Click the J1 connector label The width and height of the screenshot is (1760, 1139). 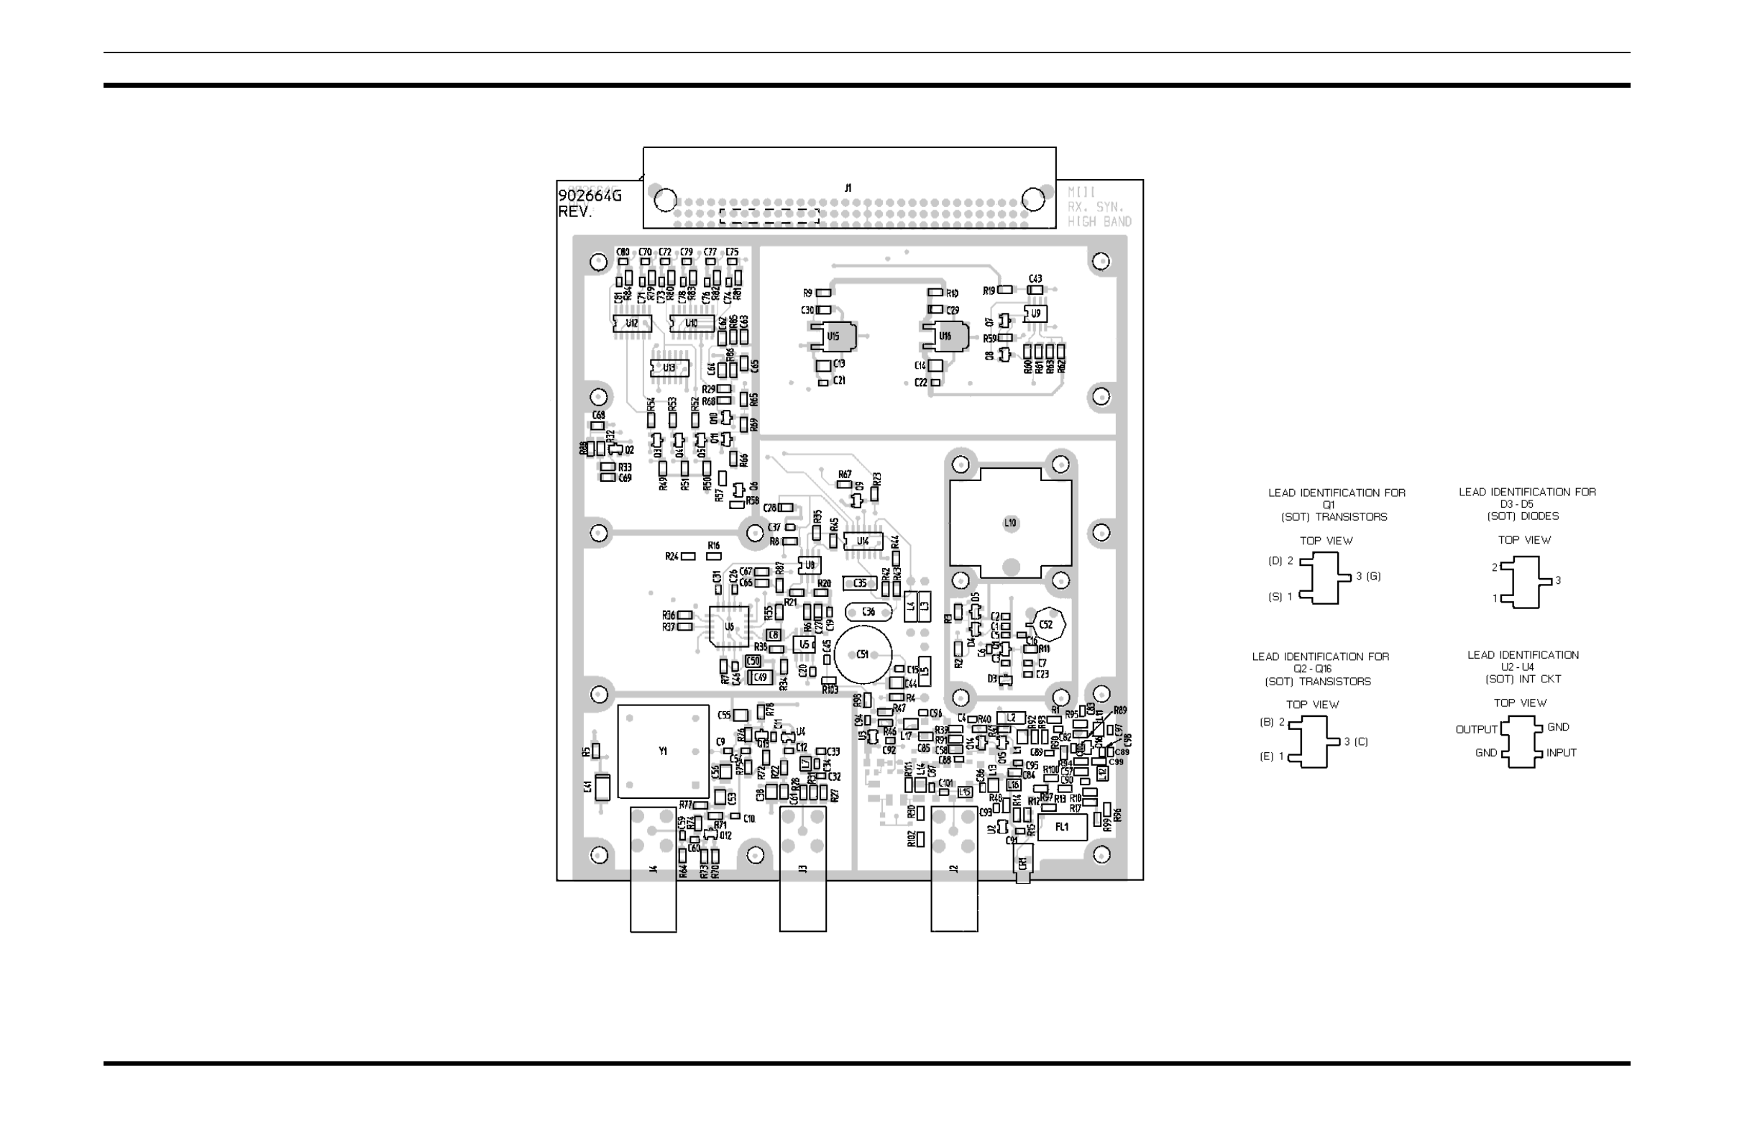coord(848,188)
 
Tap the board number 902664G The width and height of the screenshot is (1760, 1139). coord(590,196)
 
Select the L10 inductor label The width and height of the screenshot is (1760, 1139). coord(1010,523)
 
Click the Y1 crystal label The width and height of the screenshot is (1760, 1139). coord(663,751)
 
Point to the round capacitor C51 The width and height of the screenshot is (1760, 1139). coord(862,654)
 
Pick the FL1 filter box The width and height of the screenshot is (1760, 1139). coord(1062,828)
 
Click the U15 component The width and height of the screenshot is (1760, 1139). coord(833,337)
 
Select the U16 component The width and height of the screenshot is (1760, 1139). coord(945,337)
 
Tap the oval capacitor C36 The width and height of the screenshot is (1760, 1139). coord(868,612)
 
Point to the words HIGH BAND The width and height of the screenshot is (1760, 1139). coord(1099,221)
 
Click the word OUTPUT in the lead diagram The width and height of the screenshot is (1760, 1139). coord(1476,729)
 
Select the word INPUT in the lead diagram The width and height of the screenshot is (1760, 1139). coord(1561,753)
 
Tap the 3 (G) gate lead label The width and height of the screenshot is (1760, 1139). coord(1368,576)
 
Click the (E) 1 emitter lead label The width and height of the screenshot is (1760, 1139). coord(1272,756)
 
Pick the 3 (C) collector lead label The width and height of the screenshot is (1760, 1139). coord(1356,741)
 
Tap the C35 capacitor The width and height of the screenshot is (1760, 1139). coord(860,584)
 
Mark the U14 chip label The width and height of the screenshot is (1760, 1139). coord(862,542)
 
